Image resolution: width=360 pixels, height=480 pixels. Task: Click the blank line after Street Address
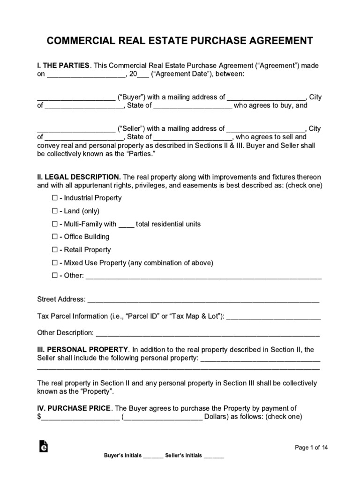coord(203,300)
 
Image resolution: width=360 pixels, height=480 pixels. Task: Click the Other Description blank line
coord(207,334)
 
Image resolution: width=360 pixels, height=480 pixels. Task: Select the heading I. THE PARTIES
coord(63,66)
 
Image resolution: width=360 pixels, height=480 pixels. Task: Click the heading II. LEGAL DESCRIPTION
coord(79,177)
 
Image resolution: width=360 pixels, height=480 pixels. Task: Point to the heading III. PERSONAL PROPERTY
coord(82,349)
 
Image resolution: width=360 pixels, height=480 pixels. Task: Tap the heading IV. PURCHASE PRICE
coord(74,408)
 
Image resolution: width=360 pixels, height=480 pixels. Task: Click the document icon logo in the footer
coord(44,447)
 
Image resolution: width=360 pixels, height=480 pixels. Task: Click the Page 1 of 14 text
coord(311,448)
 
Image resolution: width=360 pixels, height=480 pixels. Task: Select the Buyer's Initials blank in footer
coord(153,456)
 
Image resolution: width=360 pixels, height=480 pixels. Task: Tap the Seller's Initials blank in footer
coord(214,456)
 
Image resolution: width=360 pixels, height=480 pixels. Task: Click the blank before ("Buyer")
coord(76,98)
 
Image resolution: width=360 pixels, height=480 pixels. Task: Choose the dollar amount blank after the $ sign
coord(80,417)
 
